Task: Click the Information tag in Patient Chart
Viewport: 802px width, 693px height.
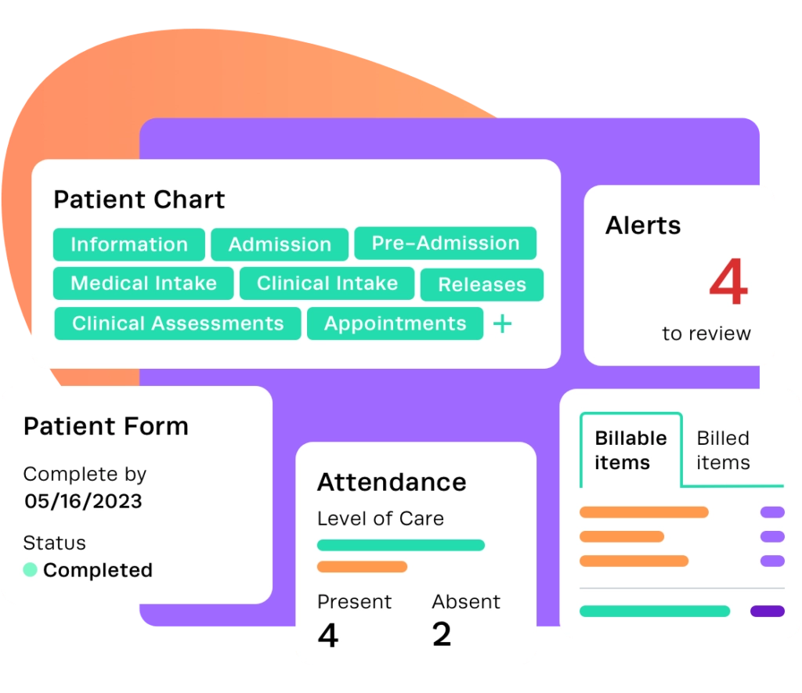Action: pos(129,244)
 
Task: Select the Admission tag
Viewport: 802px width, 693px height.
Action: pos(280,244)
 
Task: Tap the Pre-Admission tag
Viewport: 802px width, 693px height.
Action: pos(445,243)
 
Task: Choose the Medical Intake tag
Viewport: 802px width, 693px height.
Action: pos(143,283)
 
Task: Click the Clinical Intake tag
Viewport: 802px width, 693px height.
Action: pos(327,283)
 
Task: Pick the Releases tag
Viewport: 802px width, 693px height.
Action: pos(482,285)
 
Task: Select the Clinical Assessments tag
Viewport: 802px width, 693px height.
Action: pos(178,323)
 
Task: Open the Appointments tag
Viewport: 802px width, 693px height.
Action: pos(395,323)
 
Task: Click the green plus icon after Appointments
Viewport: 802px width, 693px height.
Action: pos(502,323)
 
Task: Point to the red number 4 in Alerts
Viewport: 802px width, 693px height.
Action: pos(728,284)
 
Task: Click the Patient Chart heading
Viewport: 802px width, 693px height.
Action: pos(139,200)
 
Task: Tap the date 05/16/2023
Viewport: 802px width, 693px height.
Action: pos(83,501)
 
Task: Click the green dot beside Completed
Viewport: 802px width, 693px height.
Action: pos(31,570)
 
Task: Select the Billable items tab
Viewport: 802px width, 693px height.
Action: pos(630,450)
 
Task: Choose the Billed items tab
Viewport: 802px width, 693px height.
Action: pos(723,450)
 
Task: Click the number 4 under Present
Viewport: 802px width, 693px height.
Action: pos(328,635)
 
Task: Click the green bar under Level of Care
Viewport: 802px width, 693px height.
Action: pos(400,545)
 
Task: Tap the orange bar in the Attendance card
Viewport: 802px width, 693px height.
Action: pos(362,566)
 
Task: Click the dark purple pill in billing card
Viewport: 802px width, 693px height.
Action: pos(767,611)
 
